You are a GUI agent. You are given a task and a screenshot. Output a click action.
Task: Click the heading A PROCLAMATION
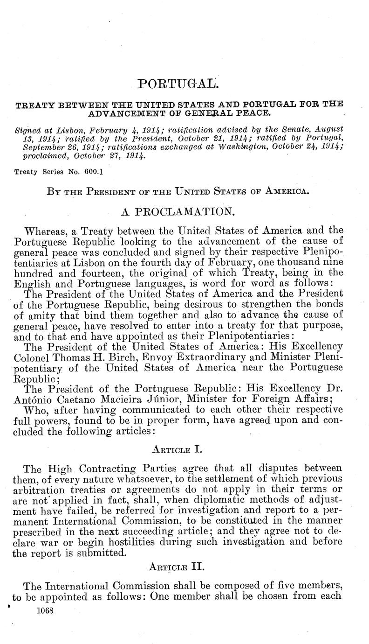(x=178, y=212)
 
